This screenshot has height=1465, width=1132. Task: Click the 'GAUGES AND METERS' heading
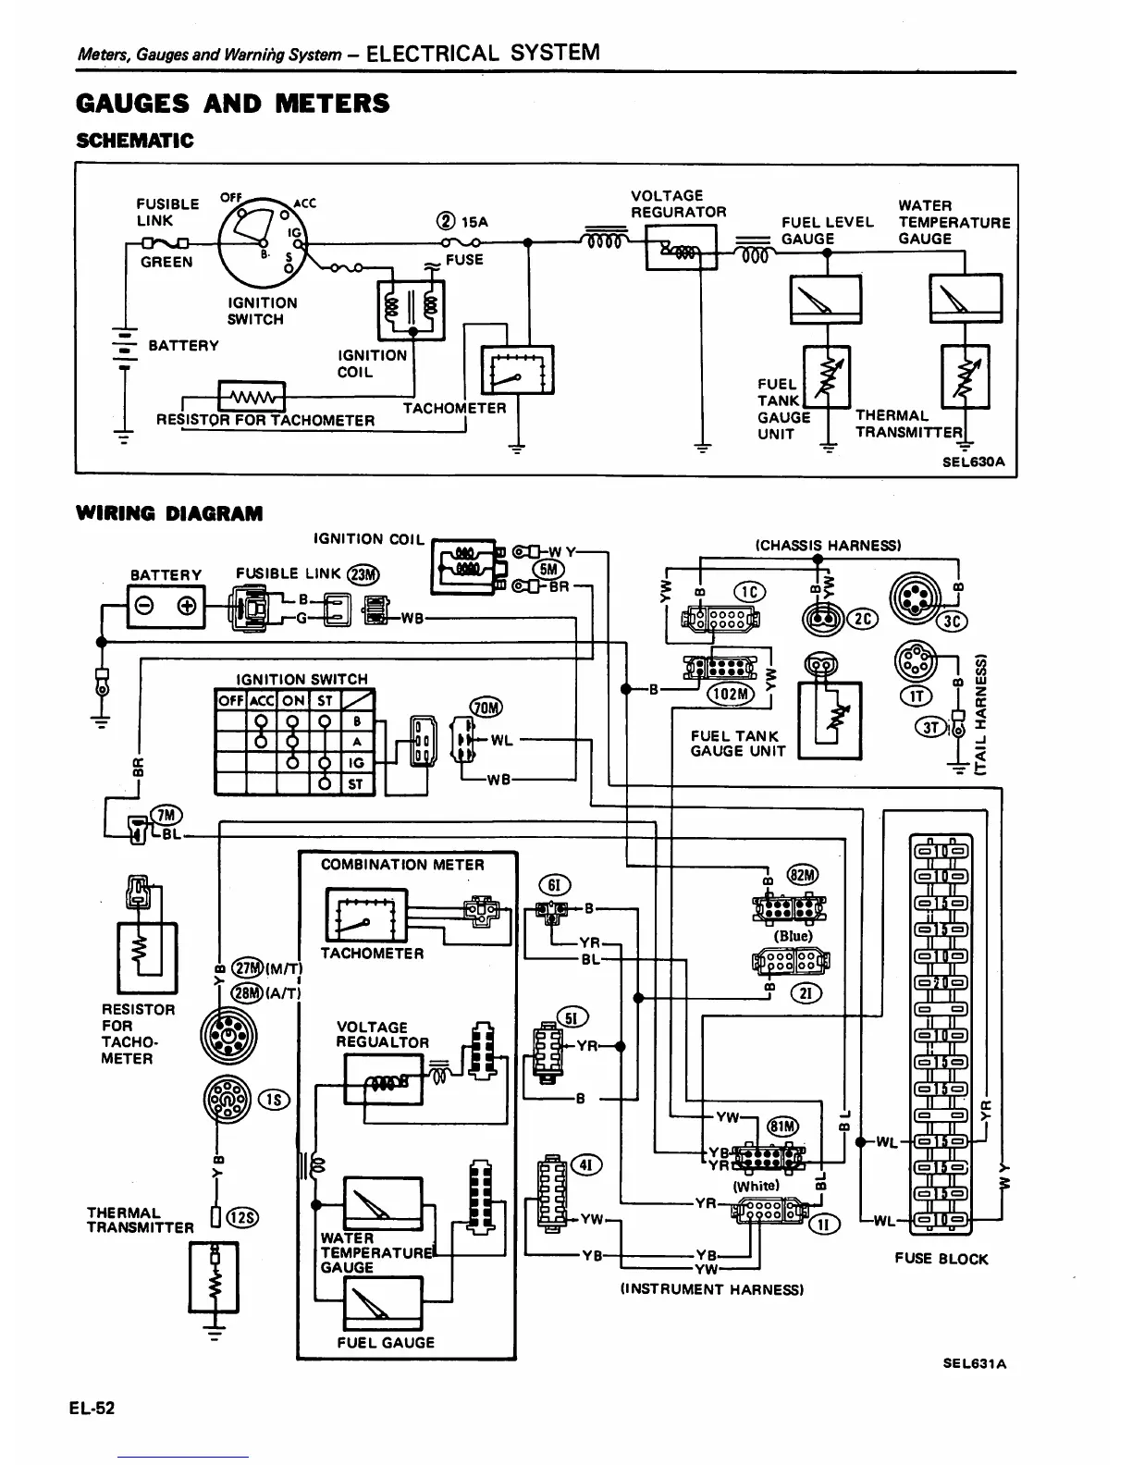pos(232,104)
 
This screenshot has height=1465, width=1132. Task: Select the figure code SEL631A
pos(975,1363)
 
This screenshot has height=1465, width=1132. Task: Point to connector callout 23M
pos(362,574)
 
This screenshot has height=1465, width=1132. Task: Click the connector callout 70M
pos(486,708)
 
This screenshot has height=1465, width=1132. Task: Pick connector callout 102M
pos(732,693)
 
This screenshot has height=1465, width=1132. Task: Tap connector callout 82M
pos(801,875)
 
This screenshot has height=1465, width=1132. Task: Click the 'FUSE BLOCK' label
pos(941,1259)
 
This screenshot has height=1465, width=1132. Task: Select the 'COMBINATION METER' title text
pos(402,865)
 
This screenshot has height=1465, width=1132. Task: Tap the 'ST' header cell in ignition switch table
pos(326,701)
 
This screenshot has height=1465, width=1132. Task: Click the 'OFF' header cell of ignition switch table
pos(228,701)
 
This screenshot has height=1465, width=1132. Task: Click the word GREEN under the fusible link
pos(166,262)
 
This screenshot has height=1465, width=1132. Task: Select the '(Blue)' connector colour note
pos(793,935)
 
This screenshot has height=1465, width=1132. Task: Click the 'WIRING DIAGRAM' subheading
pos(169,513)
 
